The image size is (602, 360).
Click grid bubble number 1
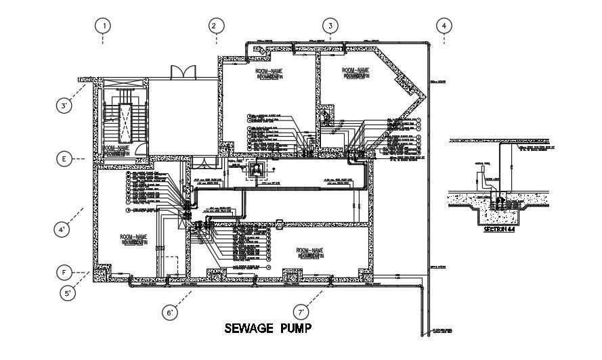click(x=103, y=26)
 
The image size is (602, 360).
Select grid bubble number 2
click(x=213, y=26)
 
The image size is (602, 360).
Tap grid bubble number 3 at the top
click(x=330, y=26)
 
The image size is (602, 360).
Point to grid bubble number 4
click(x=444, y=26)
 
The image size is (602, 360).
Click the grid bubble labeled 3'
click(x=65, y=106)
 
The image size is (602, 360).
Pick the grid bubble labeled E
click(x=64, y=160)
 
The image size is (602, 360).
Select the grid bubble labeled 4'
click(x=62, y=229)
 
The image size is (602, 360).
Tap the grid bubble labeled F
click(x=64, y=273)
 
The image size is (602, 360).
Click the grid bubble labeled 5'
click(x=68, y=294)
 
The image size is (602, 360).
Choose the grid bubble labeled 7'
click(x=302, y=312)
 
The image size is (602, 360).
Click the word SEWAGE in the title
click(x=249, y=329)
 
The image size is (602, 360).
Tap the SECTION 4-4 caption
click(x=500, y=230)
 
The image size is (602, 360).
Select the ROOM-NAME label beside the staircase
click(x=116, y=148)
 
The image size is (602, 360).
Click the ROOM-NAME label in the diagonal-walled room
click(x=356, y=70)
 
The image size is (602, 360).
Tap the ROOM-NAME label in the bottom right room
click(x=310, y=250)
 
